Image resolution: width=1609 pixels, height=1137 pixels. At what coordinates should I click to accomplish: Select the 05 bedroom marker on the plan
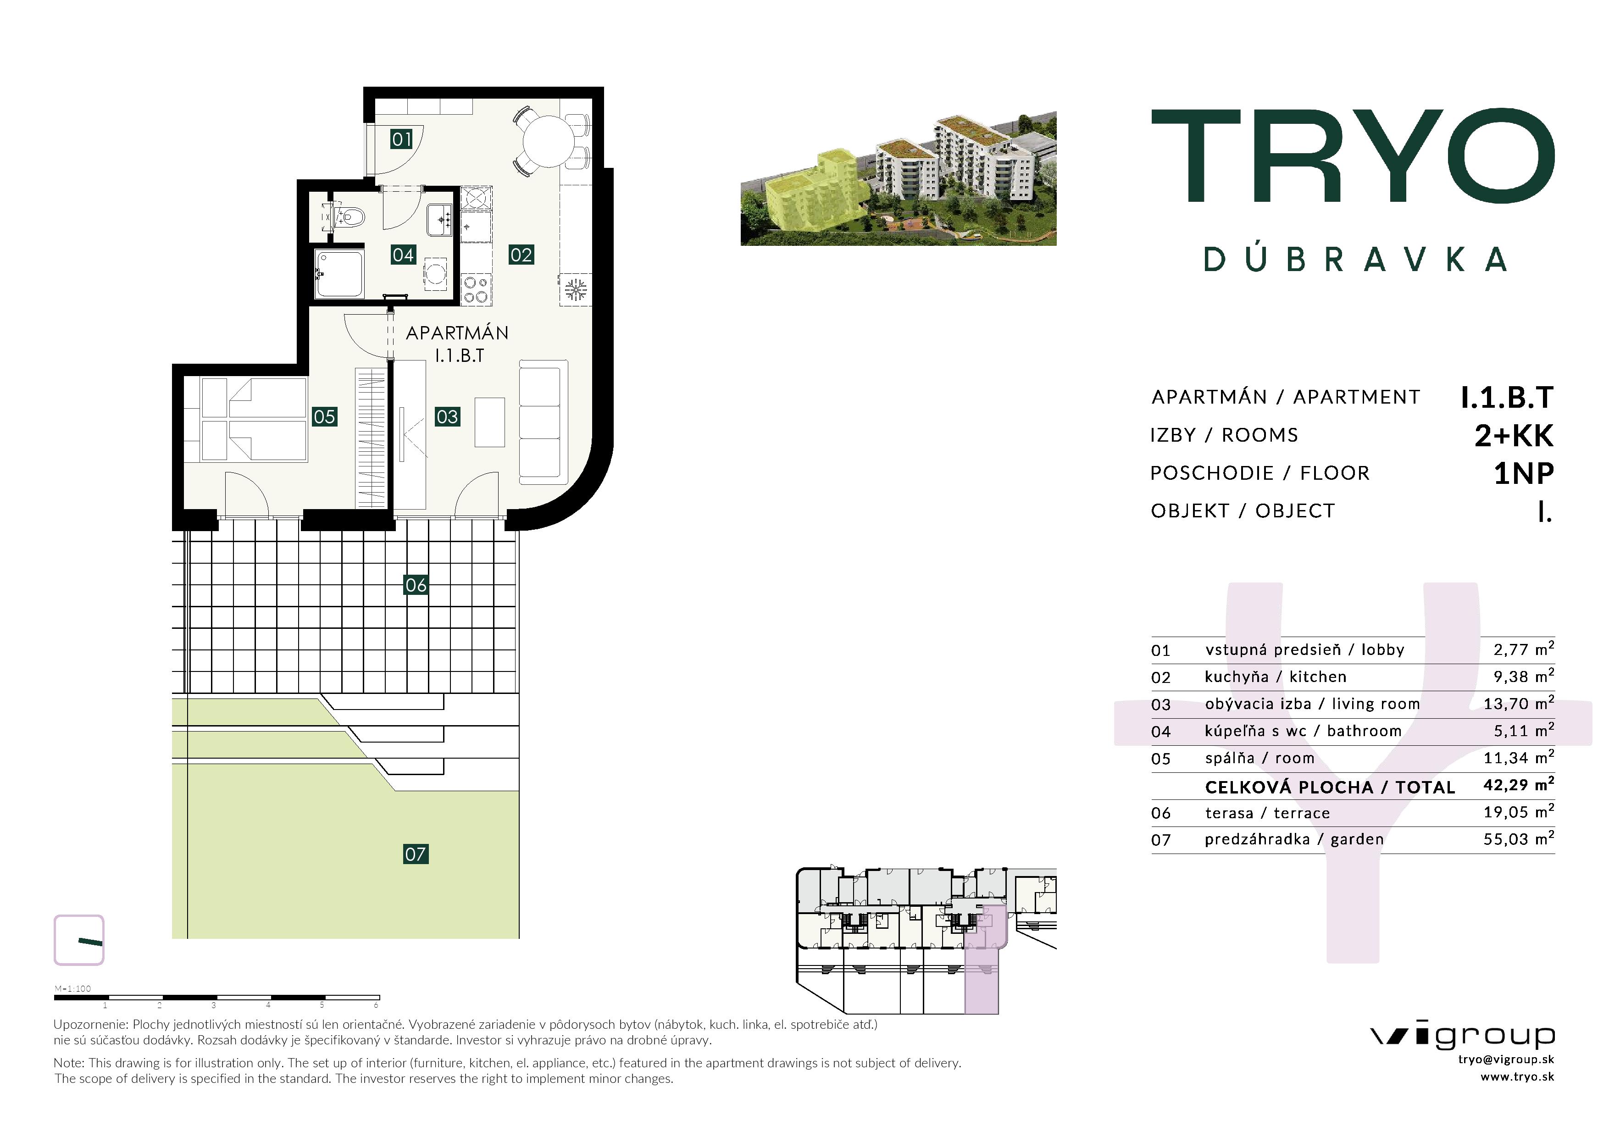[324, 417]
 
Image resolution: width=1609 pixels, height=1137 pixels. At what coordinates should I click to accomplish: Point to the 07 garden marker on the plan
[416, 854]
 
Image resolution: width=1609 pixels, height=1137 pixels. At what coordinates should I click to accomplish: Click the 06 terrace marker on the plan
[416, 585]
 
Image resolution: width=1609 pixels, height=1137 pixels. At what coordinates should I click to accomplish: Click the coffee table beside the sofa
[490, 422]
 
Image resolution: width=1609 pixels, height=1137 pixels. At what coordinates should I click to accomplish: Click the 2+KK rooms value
[1514, 436]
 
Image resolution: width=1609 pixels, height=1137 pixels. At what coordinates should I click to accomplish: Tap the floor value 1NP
[1524, 474]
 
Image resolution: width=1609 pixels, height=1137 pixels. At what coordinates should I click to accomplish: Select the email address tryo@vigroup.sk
[1506, 1059]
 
